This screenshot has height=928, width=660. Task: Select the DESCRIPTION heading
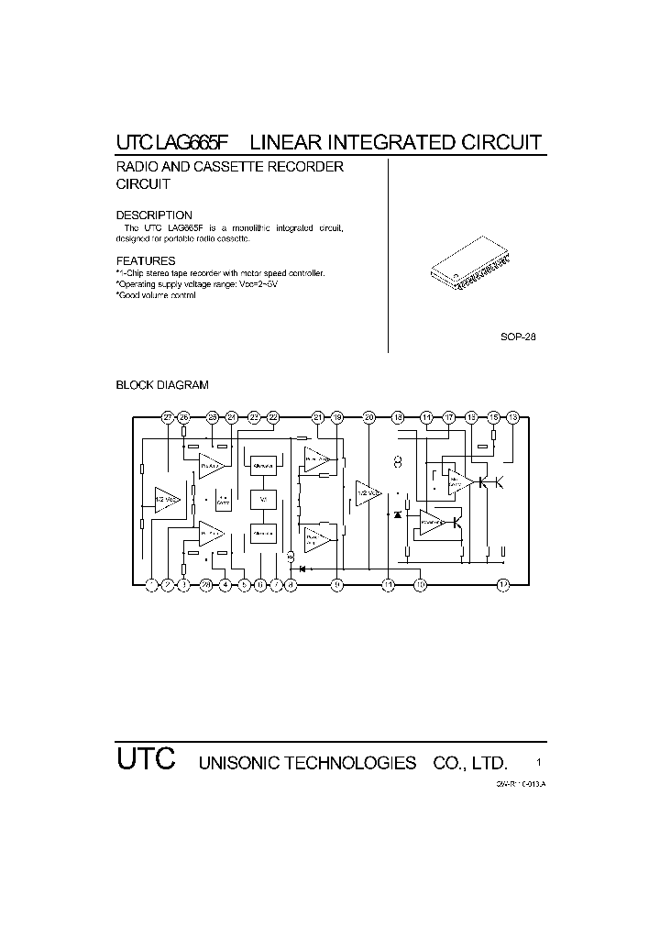point(153,215)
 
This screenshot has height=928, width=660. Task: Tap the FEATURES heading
point(145,260)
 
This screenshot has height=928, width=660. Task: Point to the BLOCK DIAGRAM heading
point(162,385)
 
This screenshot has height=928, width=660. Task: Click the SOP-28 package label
point(517,337)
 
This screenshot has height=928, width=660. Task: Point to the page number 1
point(538,762)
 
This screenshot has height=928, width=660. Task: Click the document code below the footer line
point(521,785)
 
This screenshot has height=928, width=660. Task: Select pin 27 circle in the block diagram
point(168,417)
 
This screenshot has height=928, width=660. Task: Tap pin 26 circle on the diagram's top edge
point(184,417)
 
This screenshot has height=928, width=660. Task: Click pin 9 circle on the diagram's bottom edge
point(337,584)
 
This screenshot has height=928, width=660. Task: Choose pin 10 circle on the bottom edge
point(420,584)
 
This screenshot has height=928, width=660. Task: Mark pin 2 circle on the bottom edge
point(168,584)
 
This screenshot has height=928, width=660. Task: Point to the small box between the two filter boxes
point(263,499)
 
